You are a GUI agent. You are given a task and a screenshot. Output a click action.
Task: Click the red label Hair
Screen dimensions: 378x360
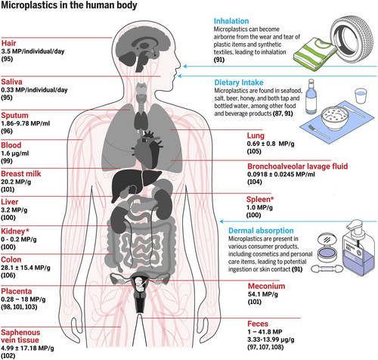[x=8, y=43]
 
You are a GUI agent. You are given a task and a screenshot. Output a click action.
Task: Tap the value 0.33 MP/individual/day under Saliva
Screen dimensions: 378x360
[x=34, y=90]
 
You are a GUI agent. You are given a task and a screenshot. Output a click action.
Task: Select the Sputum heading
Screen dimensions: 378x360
[x=14, y=116]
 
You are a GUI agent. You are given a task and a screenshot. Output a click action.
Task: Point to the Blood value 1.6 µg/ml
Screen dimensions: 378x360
[x=15, y=154]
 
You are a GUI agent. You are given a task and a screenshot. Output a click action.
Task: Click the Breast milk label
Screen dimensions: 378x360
[x=21, y=174]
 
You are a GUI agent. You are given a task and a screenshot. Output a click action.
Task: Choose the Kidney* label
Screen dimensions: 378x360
[x=15, y=231]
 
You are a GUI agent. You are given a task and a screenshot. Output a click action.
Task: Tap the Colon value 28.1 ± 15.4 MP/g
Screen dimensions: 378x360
[x=26, y=268]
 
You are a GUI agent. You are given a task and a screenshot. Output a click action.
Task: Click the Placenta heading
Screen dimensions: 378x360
[x=17, y=291]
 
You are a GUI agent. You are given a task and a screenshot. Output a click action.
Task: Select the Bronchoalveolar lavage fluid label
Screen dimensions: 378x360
[x=297, y=166]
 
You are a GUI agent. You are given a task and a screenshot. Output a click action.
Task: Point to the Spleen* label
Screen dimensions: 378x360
[x=260, y=200]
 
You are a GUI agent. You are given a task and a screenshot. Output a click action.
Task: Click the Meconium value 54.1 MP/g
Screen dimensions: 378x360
[x=263, y=294]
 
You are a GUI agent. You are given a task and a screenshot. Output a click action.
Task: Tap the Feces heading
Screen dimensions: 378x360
[x=258, y=324]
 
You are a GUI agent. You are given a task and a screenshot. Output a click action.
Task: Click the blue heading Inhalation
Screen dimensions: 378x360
[x=231, y=21]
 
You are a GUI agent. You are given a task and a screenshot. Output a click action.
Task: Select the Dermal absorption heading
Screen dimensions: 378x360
[x=261, y=231]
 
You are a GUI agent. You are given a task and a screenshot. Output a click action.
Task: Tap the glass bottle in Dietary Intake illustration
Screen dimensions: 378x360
[x=311, y=97]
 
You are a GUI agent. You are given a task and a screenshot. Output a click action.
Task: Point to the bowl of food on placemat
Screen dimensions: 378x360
[x=335, y=118]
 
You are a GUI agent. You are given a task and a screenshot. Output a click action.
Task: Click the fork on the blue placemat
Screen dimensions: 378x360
[x=318, y=132]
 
